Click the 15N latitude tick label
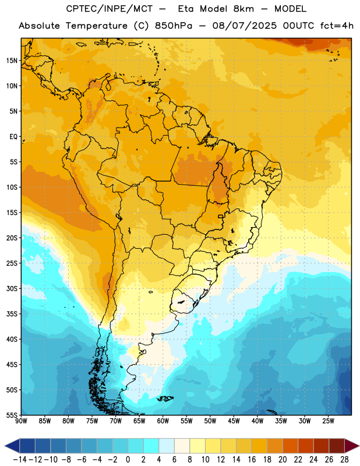click(12, 61)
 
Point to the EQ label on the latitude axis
click(13, 137)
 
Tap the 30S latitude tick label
click(12, 288)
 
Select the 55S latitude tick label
click(12, 415)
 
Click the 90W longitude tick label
click(21, 421)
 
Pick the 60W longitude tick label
click(163, 421)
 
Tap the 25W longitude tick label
click(328, 421)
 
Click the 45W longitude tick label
click(234, 421)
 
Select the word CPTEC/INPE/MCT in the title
click(110, 9)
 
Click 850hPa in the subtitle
click(174, 26)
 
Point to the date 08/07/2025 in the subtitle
click(244, 26)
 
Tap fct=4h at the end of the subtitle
click(337, 26)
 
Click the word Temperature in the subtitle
click(97, 26)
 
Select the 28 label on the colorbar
click(344, 460)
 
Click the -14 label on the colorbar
click(20, 460)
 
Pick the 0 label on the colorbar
click(128, 460)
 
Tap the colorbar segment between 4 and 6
click(167, 446)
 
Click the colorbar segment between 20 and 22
click(290, 446)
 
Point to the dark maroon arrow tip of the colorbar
click(352, 446)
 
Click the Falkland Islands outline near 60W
click(165, 398)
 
